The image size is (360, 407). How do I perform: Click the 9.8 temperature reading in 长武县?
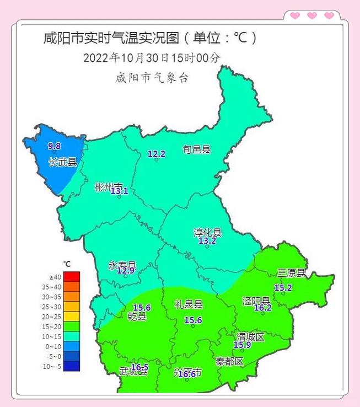click(x=54, y=146)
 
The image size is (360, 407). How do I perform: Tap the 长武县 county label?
click(x=62, y=162)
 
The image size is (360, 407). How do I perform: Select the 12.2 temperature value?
click(x=157, y=154)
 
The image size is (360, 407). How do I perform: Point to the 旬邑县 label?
click(x=197, y=149)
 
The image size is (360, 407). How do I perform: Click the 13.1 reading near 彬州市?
click(x=119, y=191)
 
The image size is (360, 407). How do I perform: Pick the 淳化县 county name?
click(x=207, y=232)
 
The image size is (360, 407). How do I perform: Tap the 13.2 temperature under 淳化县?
click(x=207, y=241)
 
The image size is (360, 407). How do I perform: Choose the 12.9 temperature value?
click(x=126, y=270)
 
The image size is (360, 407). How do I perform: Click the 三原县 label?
click(x=291, y=272)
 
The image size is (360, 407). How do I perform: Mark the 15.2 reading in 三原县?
click(x=283, y=288)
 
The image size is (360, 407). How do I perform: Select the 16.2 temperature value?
click(x=262, y=308)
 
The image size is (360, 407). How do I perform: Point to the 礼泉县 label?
click(x=189, y=304)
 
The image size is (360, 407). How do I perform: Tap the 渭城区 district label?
click(x=251, y=336)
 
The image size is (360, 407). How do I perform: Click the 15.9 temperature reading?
click(x=243, y=345)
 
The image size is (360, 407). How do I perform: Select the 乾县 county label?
click(x=138, y=317)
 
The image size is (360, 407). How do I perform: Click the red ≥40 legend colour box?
click(x=72, y=276)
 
